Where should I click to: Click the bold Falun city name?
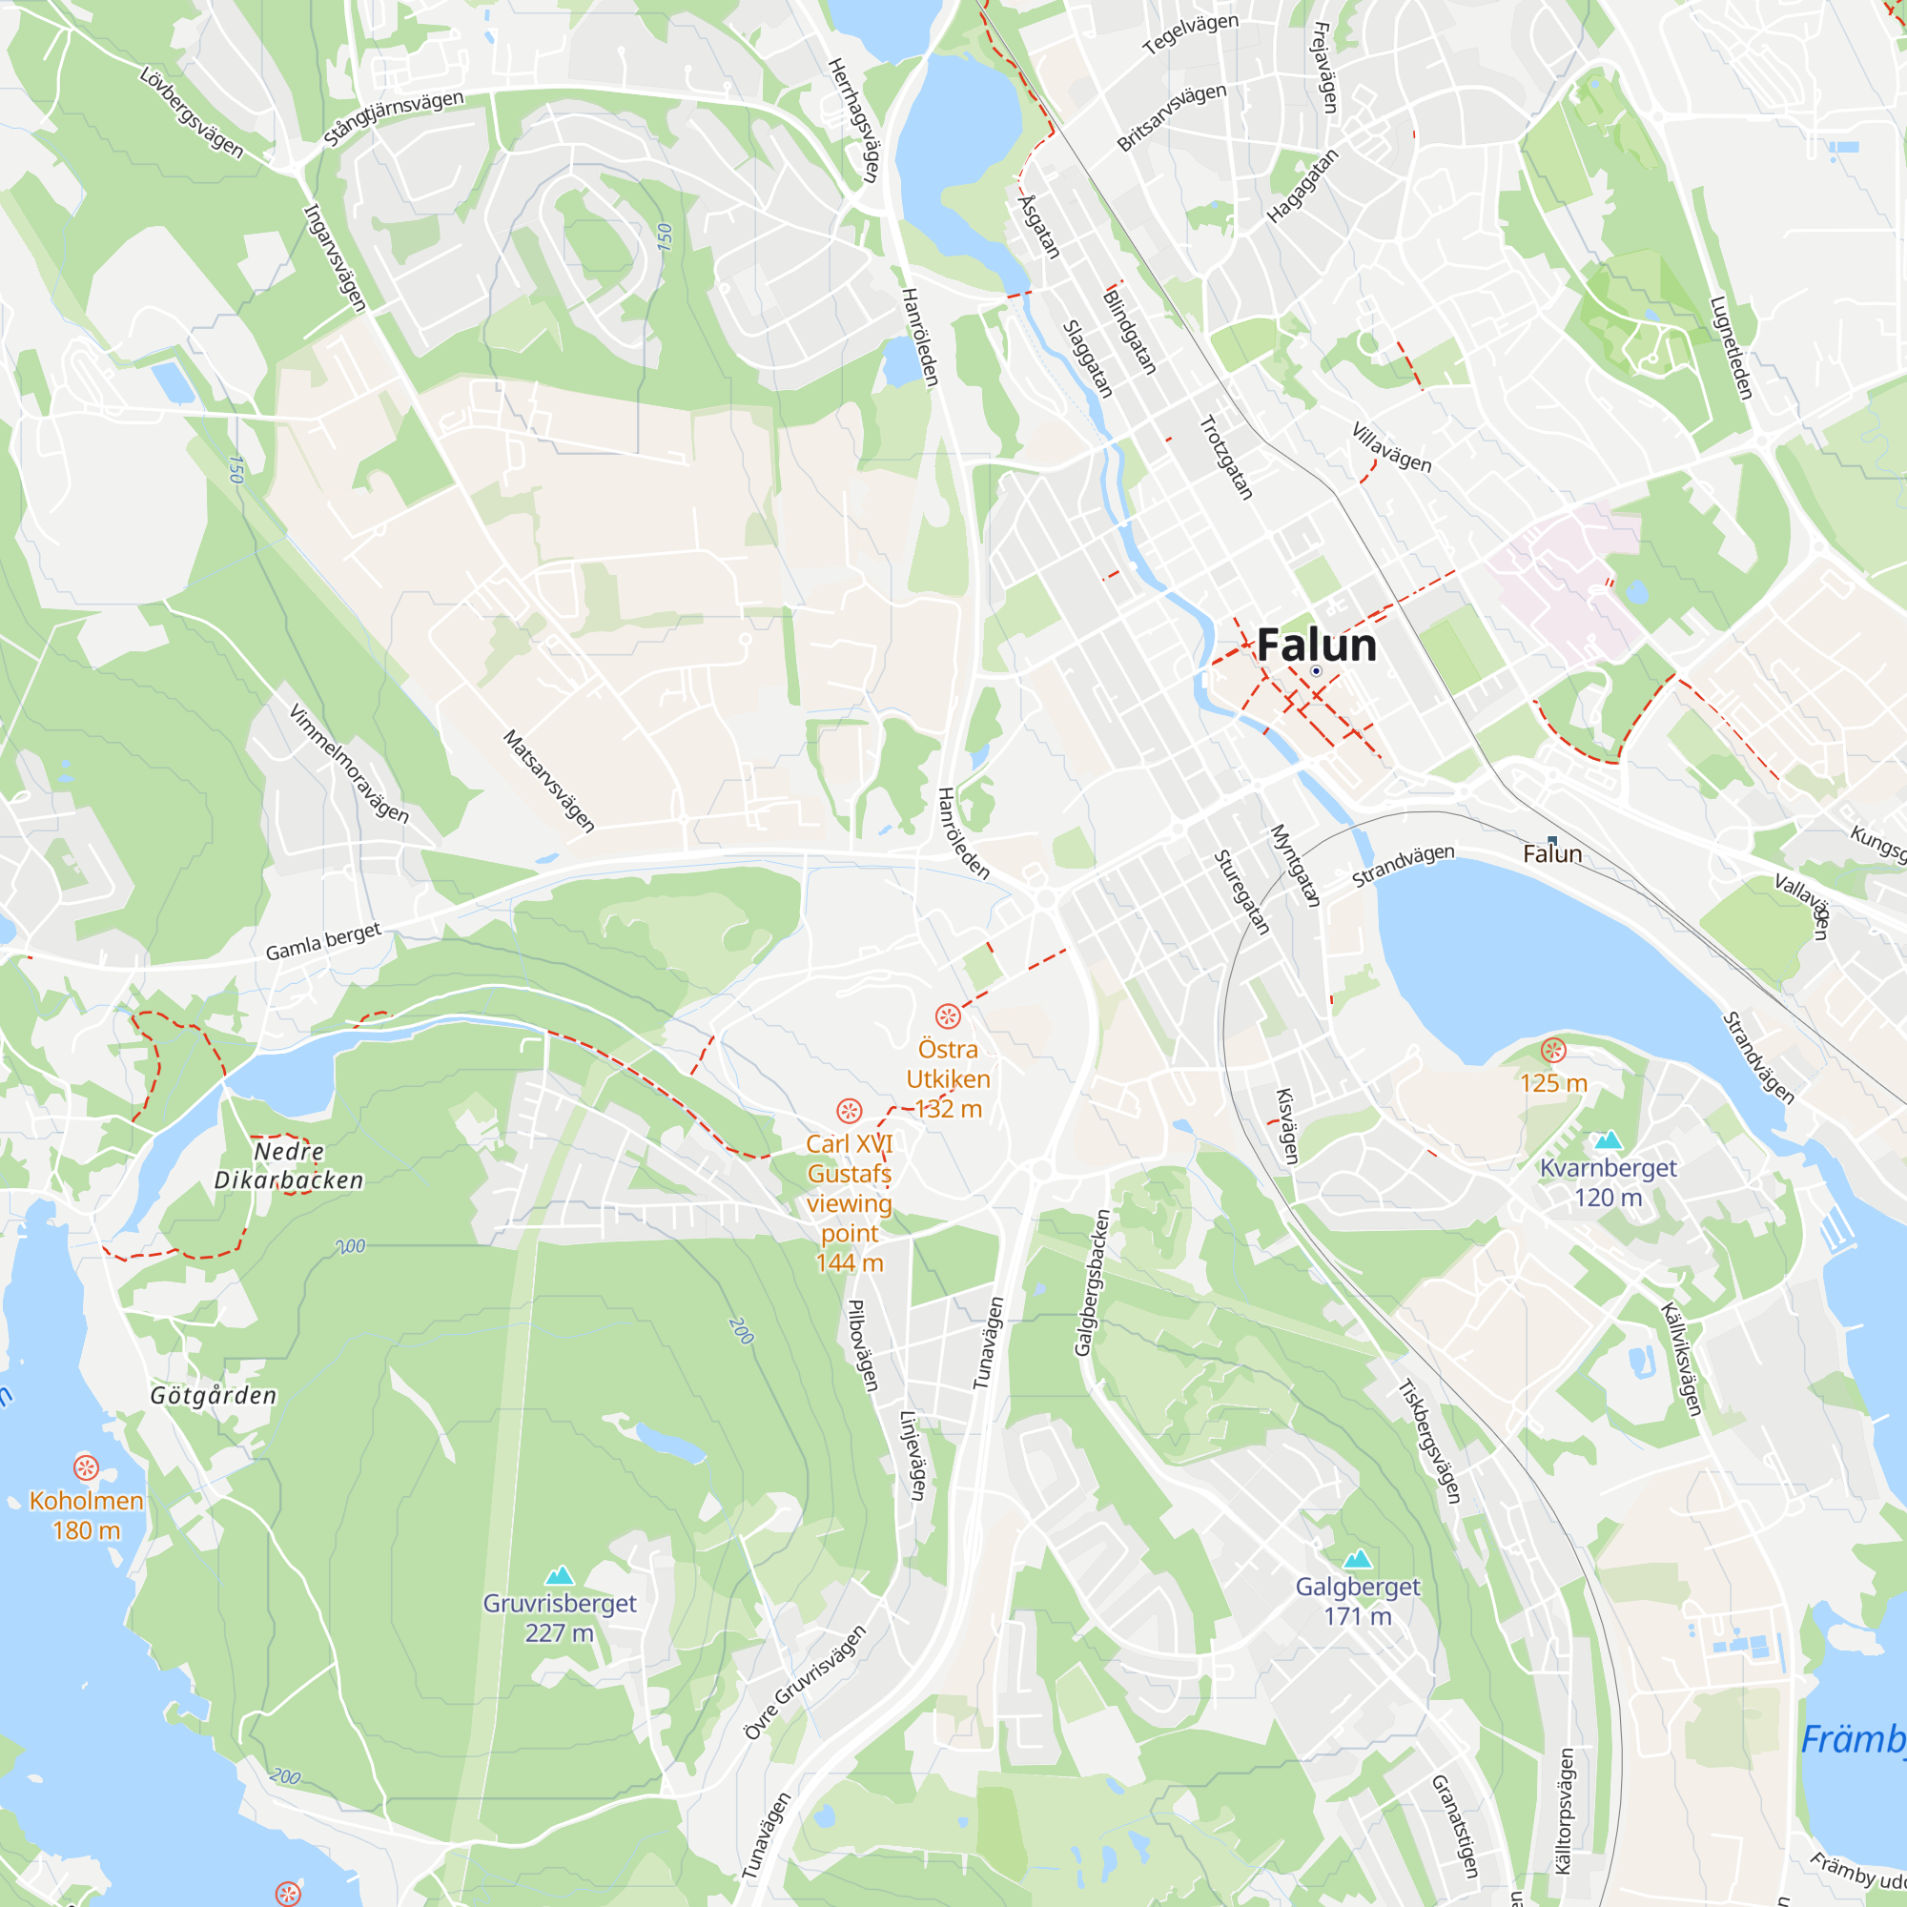click(1316, 645)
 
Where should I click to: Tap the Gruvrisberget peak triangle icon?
click(560, 1575)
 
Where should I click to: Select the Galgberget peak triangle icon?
click(1357, 1559)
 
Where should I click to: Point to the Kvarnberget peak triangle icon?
click(1608, 1140)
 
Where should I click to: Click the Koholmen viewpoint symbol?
click(86, 1467)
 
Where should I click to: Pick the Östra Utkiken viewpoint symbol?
click(948, 1015)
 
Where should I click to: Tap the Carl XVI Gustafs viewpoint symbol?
click(849, 1111)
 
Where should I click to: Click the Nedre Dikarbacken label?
click(288, 1166)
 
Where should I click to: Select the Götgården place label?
click(214, 1396)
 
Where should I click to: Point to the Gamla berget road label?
click(323, 942)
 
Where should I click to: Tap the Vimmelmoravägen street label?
click(348, 763)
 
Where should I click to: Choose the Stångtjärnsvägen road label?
click(394, 117)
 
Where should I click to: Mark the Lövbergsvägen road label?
click(192, 112)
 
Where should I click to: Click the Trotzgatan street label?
click(1226, 457)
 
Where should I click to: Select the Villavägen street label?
click(1391, 447)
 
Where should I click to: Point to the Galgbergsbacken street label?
click(1092, 1282)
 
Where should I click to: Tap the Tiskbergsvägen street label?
click(1429, 1441)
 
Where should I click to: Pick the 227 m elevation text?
click(559, 1632)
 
